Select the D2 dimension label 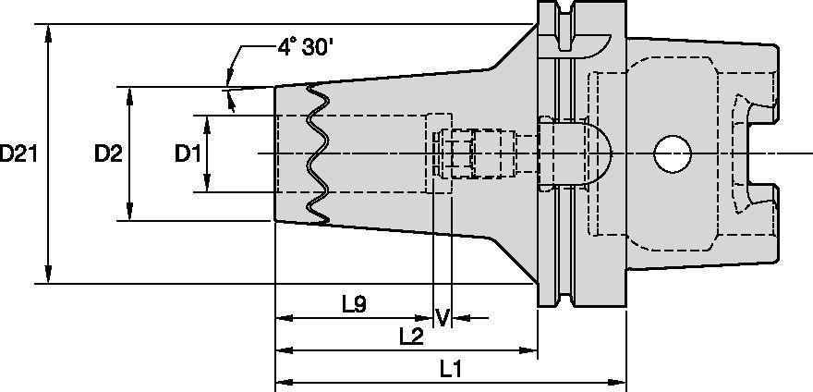point(107,153)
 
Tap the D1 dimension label point(188,153)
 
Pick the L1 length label point(451,369)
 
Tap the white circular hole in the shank point(672,153)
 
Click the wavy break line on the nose point(317,153)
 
